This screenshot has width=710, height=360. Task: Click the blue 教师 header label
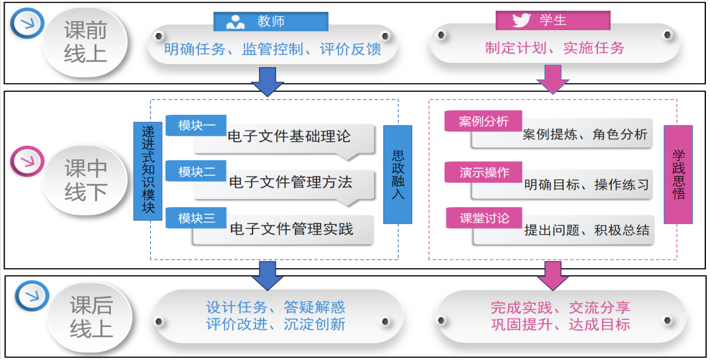[271, 21]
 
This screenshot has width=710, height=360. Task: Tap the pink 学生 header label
[552, 20]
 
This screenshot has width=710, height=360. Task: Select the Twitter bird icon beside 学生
[521, 21]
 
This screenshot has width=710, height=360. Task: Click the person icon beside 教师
[235, 22]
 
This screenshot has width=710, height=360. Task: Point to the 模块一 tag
[196, 125]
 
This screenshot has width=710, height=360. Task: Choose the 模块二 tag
[196, 172]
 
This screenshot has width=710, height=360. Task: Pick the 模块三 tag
[196, 218]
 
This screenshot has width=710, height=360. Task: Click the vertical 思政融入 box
[398, 174]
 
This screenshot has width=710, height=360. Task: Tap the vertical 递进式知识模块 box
[148, 171]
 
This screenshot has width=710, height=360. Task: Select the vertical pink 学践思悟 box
[678, 174]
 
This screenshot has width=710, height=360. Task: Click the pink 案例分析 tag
[484, 121]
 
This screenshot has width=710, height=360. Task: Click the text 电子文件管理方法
[290, 182]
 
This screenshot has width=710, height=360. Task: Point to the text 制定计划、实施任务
[554, 48]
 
